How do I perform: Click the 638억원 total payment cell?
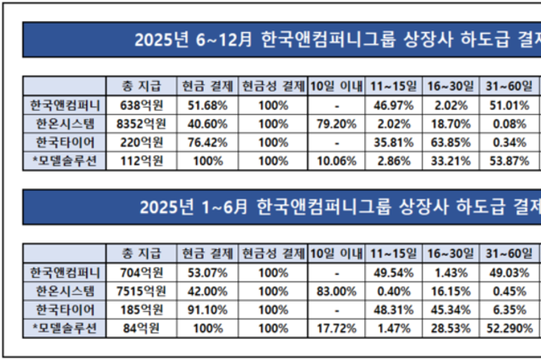coord(140,105)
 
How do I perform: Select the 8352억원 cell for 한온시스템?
coord(140,123)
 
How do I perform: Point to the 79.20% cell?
coord(325,123)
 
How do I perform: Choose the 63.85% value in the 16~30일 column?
coord(447,141)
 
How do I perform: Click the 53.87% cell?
coord(508,160)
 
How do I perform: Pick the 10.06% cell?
coord(325,160)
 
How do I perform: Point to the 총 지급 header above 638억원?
coord(140,85)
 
